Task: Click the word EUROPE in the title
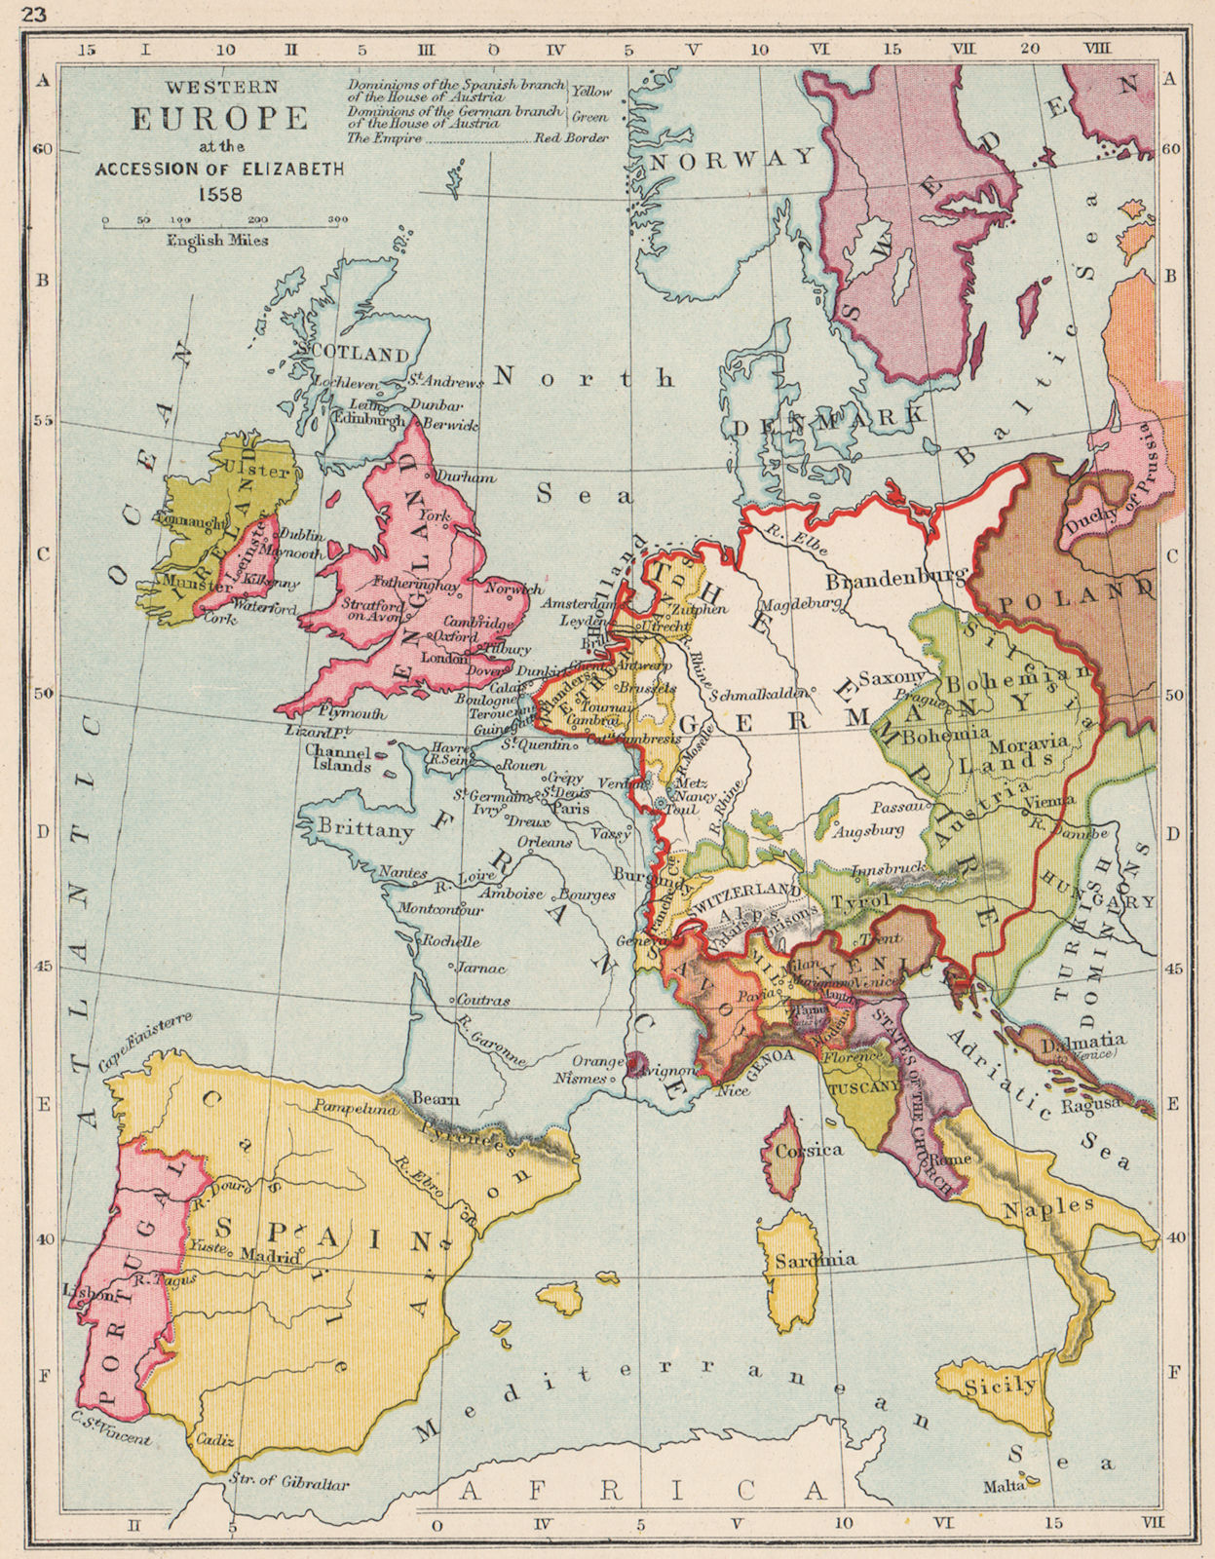(219, 119)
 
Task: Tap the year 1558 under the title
(219, 192)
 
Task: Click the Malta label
(1005, 1485)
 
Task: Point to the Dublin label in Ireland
(301, 535)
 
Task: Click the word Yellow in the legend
(591, 91)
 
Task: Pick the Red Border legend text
(571, 138)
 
